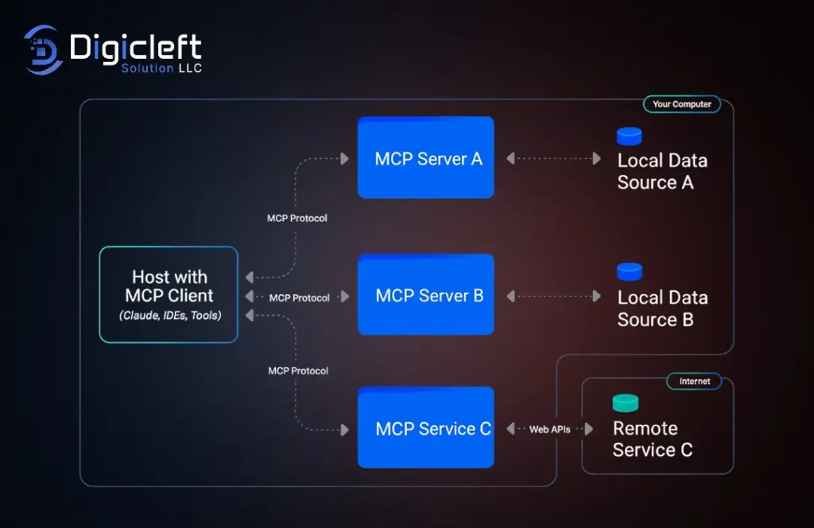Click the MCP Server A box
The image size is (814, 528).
[425, 157]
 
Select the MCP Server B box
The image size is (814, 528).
[425, 295]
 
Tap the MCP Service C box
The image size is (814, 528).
[425, 428]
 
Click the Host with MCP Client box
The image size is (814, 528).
[169, 294]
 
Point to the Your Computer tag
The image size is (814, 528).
[681, 104]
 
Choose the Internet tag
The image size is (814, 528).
[694, 382]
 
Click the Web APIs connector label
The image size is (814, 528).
[549, 429]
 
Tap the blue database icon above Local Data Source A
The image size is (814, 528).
[629, 136]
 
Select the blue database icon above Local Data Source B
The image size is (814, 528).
[629, 271]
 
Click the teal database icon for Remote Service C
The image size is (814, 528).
[626, 403]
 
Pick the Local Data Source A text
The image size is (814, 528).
[661, 171]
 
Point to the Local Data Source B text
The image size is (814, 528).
[661, 309]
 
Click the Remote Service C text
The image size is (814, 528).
[652, 439]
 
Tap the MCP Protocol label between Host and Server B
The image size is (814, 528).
[299, 298]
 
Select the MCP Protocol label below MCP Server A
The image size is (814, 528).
[297, 218]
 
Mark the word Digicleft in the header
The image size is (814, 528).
[135, 48]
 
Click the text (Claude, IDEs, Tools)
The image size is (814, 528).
[170, 316]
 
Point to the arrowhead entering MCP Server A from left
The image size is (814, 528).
[344, 159]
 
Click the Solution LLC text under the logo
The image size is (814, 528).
[161, 68]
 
